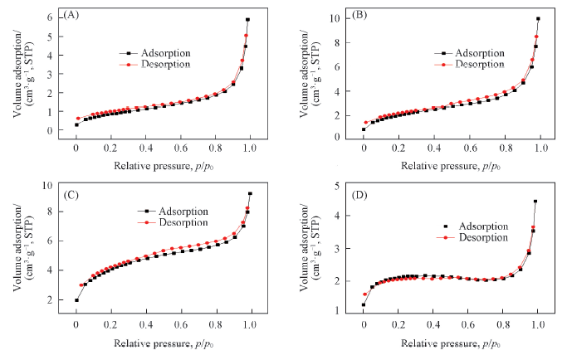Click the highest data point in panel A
(x=247, y=20)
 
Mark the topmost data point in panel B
(x=538, y=19)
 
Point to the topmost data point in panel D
(x=535, y=202)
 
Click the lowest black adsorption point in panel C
(x=76, y=300)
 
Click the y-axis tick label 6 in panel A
(x=61, y=17)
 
